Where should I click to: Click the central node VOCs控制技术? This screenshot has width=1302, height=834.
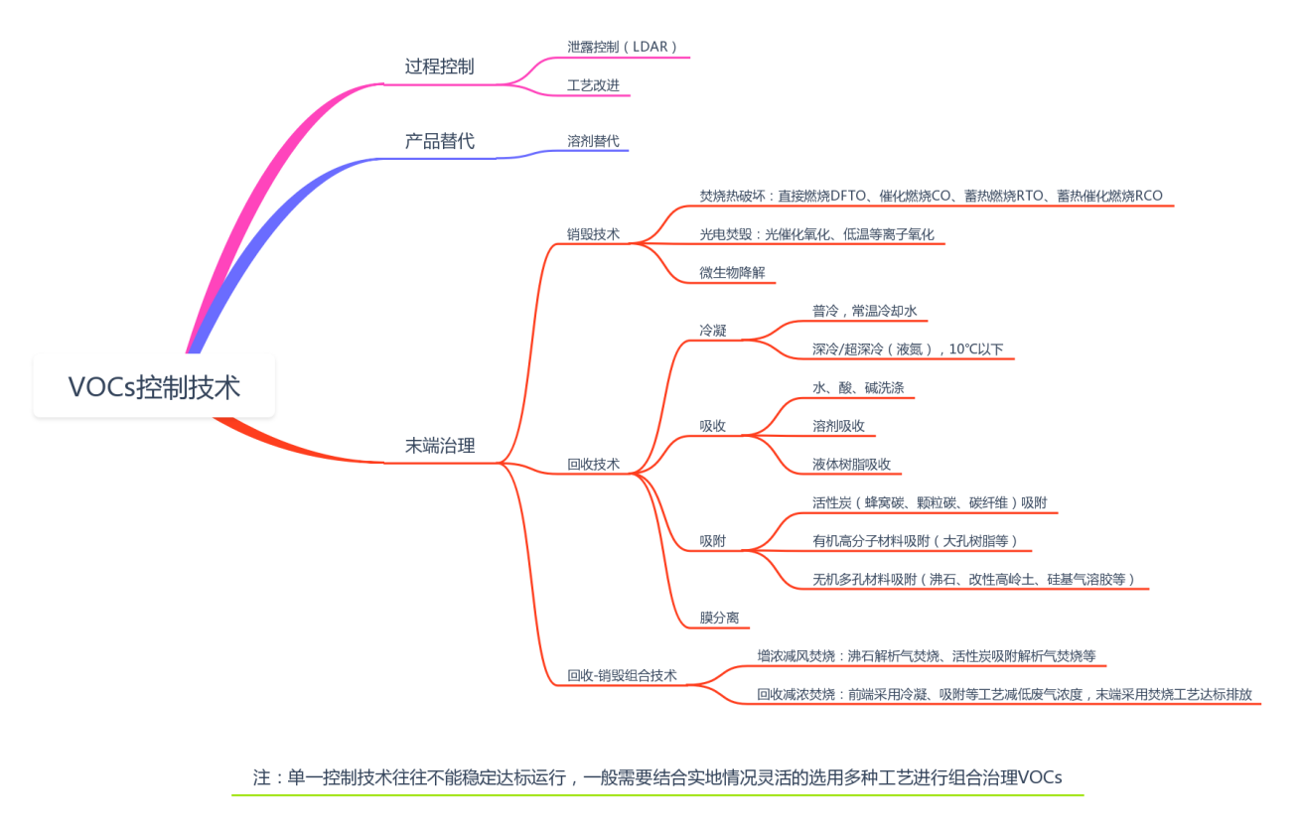click(154, 386)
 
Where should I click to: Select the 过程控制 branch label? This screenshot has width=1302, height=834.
click(439, 67)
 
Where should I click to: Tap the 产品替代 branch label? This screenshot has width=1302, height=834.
click(439, 141)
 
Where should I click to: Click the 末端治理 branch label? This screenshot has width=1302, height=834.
click(439, 446)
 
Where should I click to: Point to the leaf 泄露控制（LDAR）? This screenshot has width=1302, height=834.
click(623, 47)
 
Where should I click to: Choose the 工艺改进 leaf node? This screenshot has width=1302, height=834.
click(593, 85)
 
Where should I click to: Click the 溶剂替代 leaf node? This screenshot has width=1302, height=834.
click(593, 141)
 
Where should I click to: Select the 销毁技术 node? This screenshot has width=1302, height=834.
click(593, 234)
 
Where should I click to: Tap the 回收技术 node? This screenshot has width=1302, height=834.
click(593, 464)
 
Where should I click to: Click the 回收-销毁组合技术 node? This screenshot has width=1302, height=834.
click(622, 675)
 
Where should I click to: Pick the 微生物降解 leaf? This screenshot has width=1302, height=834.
click(732, 273)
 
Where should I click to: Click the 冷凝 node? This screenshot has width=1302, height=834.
click(712, 331)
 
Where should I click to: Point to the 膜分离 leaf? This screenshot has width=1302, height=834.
click(719, 618)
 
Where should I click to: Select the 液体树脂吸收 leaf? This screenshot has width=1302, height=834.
click(851, 464)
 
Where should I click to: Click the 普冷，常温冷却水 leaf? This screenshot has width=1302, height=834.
click(864, 311)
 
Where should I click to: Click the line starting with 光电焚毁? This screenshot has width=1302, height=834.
click(816, 234)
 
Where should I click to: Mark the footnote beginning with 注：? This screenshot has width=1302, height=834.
click(657, 776)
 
